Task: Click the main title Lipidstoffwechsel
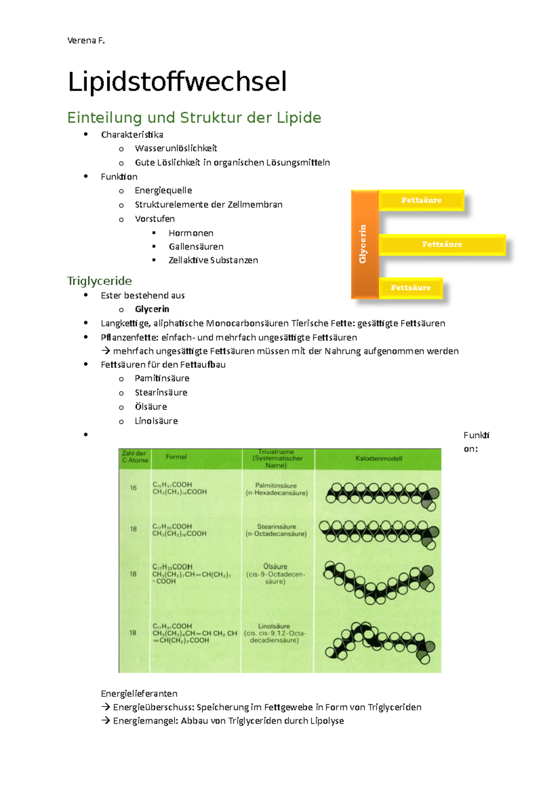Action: [177, 82]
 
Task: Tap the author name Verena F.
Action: [86, 41]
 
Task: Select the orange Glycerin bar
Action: [364, 244]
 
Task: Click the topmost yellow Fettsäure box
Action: [421, 200]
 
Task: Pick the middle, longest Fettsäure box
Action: [441, 244]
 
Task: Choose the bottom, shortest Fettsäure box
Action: [410, 288]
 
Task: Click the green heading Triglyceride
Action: [99, 281]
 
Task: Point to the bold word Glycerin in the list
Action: [152, 309]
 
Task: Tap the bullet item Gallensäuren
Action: [196, 247]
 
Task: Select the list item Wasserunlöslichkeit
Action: [176, 149]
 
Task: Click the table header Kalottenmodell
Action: [378, 459]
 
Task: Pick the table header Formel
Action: [176, 457]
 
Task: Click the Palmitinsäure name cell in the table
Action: [276, 489]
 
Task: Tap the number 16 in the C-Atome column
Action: [133, 488]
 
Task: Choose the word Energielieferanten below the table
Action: [139, 694]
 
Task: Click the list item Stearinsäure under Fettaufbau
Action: [161, 393]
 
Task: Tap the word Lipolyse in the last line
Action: [327, 721]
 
